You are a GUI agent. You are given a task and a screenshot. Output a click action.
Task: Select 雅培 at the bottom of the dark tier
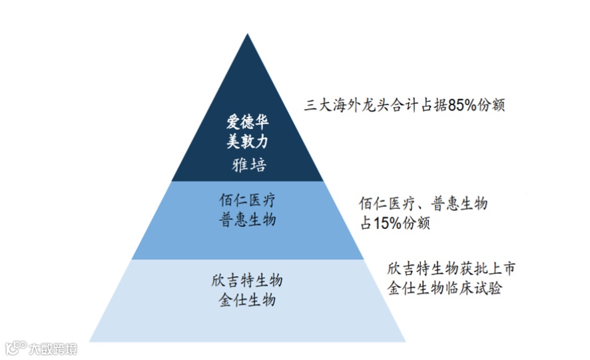coord(248,164)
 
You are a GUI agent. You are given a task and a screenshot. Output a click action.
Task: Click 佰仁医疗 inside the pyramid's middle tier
coord(247,200)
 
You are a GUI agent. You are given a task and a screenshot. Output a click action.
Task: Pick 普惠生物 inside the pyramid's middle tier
coord(247,220)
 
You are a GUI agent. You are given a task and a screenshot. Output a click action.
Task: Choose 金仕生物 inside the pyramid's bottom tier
coord(247,299)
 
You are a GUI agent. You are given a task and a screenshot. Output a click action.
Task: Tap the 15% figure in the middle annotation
coord(387,224)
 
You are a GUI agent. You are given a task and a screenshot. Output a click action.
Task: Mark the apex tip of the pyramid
coord(248,35)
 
